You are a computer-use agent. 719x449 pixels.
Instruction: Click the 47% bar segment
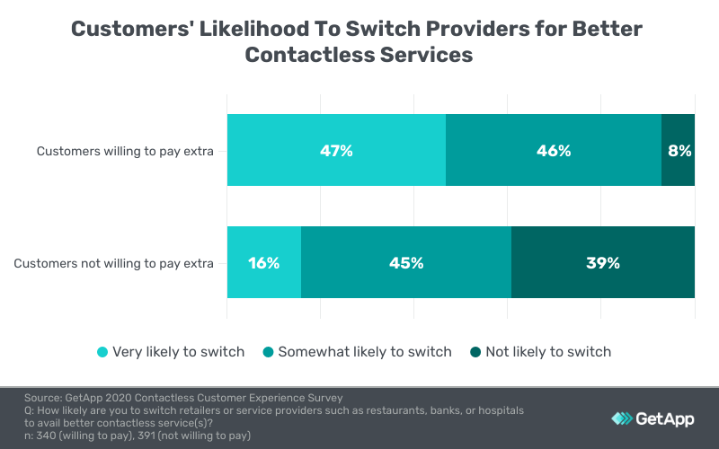[336, 150]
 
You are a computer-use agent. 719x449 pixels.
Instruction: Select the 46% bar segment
[554, 150]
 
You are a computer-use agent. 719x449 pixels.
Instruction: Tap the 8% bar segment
[679, 150]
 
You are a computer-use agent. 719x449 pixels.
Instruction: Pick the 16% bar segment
[264, 262]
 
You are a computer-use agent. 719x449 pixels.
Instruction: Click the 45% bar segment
[406, 262]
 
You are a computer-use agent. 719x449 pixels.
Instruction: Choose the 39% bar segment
[603, 262]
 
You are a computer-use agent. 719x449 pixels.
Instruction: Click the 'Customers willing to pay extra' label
[125, 151]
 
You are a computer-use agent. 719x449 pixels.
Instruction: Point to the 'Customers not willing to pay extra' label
[114, 263]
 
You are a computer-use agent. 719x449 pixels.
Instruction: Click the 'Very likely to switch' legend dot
[102, 352]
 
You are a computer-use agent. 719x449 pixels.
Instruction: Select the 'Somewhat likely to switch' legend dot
[269, 352]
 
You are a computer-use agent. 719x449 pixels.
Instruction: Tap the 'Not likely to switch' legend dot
[475, 352]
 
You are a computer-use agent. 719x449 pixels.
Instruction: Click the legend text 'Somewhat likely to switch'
[365, 352]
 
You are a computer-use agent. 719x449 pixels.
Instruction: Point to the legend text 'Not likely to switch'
[548, 352]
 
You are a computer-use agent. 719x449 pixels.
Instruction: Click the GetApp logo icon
[622, 418]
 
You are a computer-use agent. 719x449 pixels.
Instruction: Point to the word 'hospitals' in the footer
[495, 410]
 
